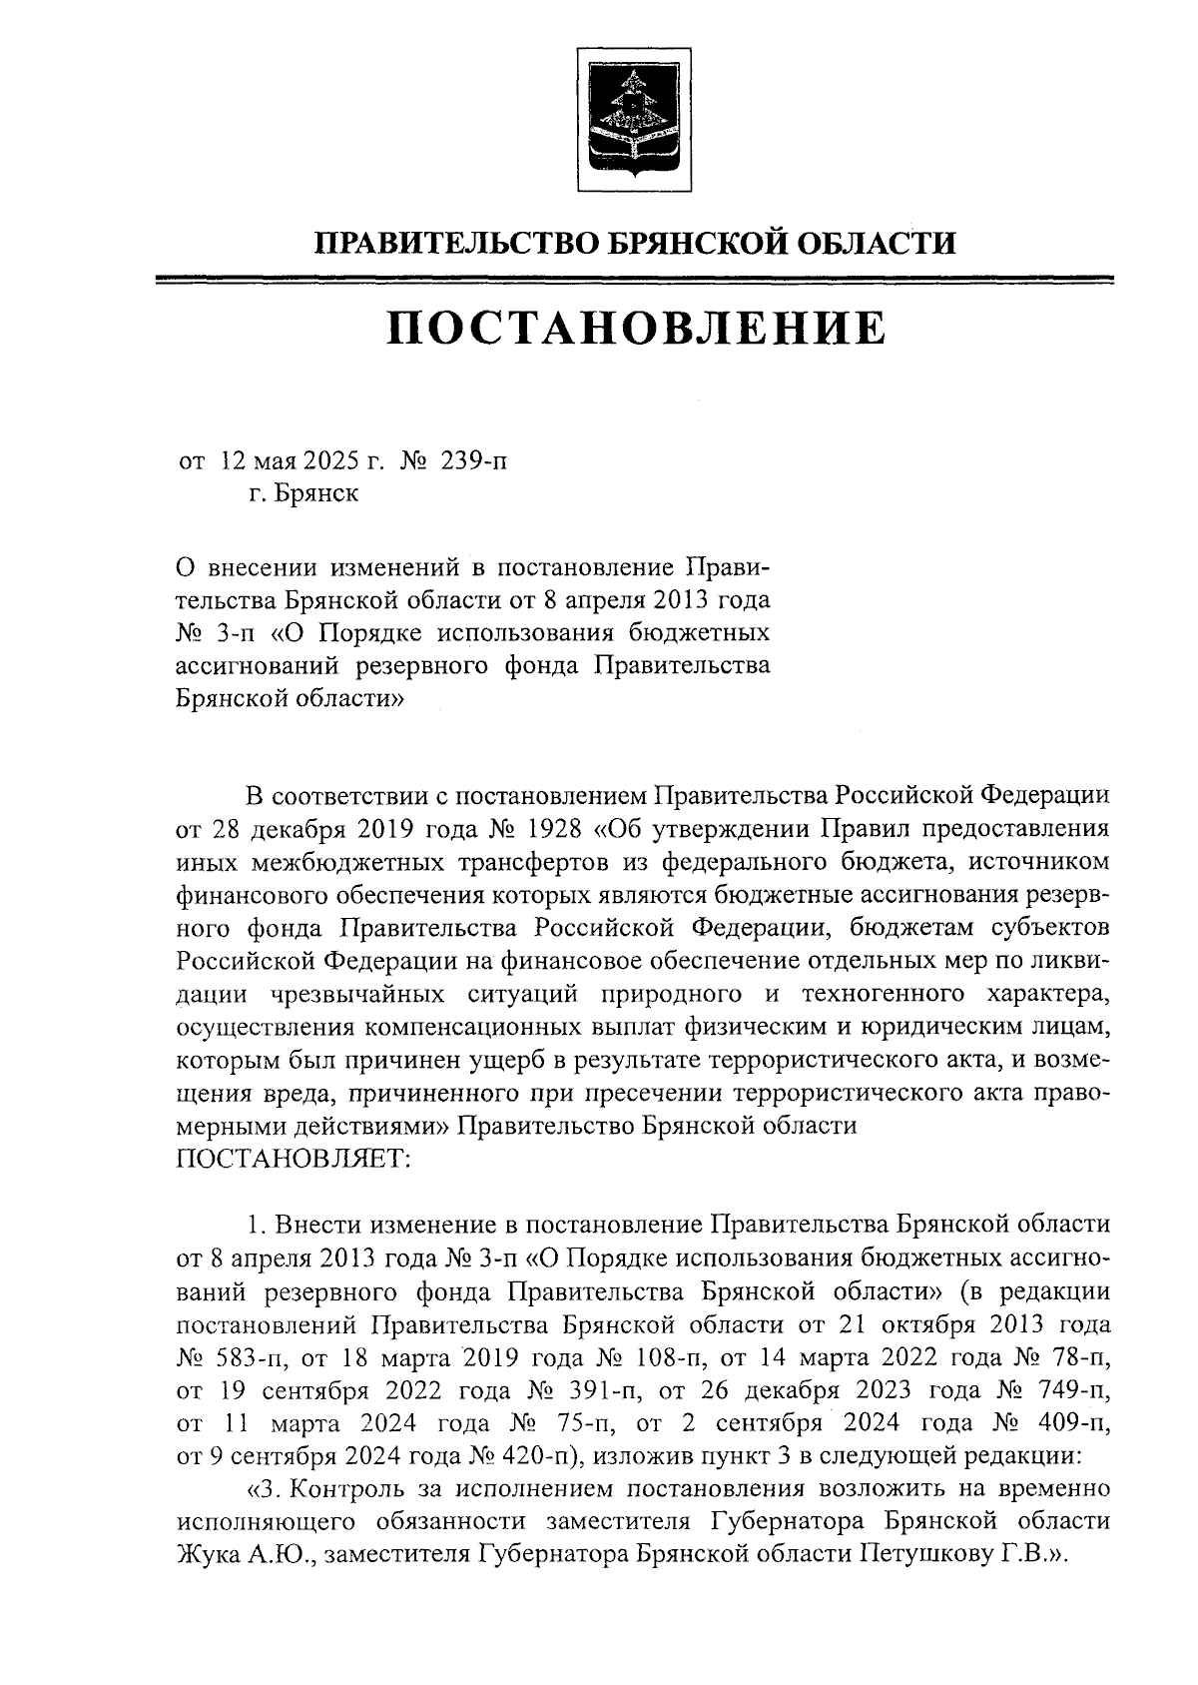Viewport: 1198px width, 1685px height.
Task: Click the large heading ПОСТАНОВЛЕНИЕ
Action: coord(636,329)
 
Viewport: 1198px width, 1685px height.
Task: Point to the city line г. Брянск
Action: coord(303,493)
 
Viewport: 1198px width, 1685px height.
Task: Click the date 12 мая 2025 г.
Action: coord(303,461)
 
